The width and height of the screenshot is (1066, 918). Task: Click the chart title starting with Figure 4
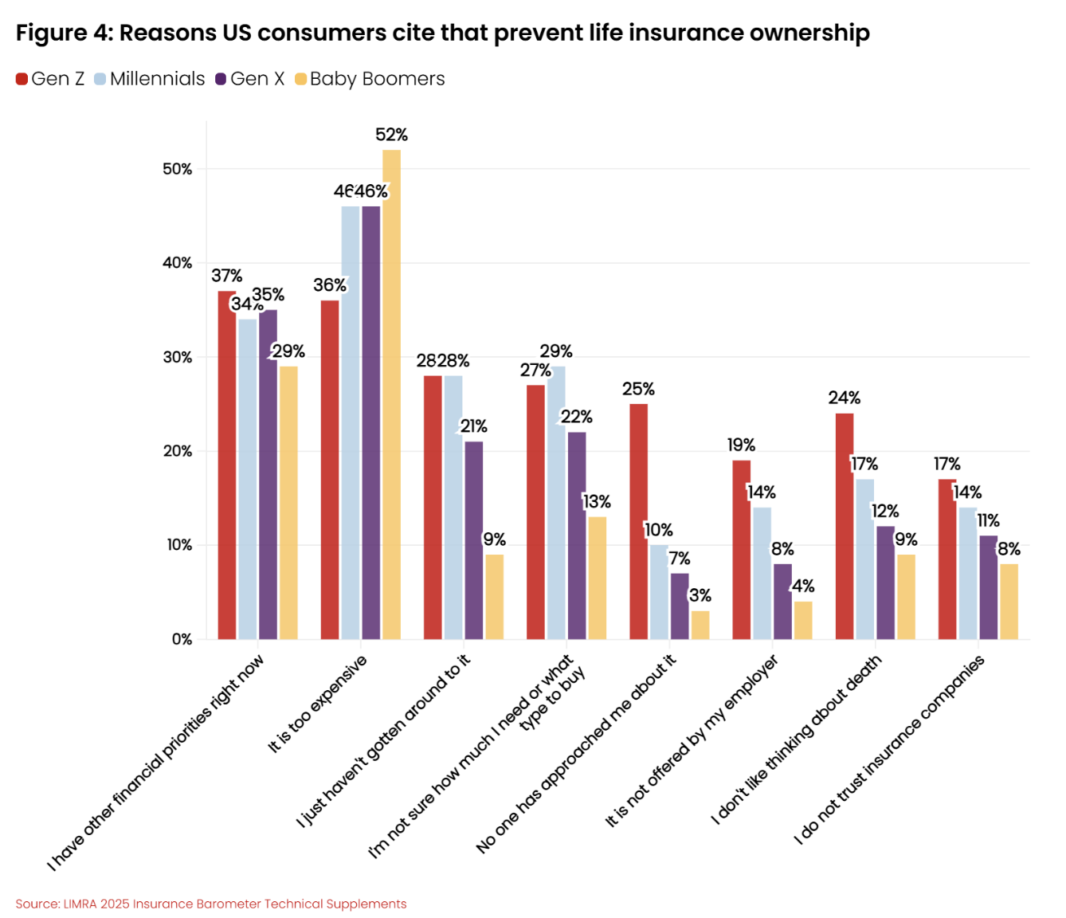(x=442, y=33)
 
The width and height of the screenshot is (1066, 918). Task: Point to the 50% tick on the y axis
(x=178, y=169)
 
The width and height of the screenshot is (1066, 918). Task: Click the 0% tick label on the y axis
(x=182, y=639)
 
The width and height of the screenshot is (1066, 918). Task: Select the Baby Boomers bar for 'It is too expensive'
(x=391, y=394)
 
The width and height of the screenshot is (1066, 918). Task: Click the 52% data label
(x=391, y=135)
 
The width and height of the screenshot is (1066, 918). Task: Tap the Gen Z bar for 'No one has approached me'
(x=638, y=521)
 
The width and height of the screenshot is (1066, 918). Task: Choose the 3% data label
(x=700, y=595)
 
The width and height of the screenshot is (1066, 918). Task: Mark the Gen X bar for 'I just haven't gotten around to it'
(x=473, y=540)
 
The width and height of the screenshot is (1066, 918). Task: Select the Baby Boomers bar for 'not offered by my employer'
(x=803, y=620)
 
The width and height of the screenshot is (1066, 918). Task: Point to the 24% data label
(x=844, y=398)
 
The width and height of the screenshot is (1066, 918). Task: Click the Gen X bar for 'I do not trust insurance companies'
(x=988, y=587)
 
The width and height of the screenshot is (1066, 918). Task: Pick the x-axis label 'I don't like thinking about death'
(x=797, y=739)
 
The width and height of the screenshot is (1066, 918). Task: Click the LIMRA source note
(x=211, y=904)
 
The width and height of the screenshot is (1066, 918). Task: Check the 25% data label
(x=638, y=389)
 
